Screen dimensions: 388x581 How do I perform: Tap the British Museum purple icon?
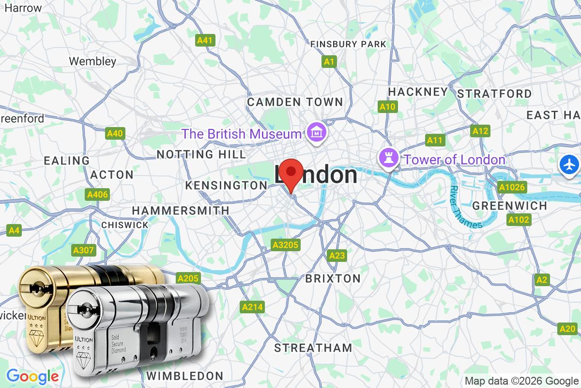(x=316, y=131)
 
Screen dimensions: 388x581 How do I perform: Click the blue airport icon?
(x=569, y=164)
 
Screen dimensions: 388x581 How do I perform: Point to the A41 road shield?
(x=205, y=41)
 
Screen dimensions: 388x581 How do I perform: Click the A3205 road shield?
(x=285, y=245)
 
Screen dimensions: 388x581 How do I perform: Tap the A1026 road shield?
(x=511, y=187)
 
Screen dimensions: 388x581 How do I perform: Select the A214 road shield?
(x=252, y=307)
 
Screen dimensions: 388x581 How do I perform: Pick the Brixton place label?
(x=333, y=278)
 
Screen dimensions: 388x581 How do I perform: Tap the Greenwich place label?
(x=509, y=206)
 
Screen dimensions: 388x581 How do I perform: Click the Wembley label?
(x=92, y=61)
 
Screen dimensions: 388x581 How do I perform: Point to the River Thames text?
(x=465, y=207)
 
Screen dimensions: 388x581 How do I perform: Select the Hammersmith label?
(x=181, y=210)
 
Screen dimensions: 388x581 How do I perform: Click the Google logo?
(x=32, y=376)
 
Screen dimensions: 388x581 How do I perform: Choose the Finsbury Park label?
(x=348, y=44)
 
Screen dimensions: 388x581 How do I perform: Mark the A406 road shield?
(x=97, y=194)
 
